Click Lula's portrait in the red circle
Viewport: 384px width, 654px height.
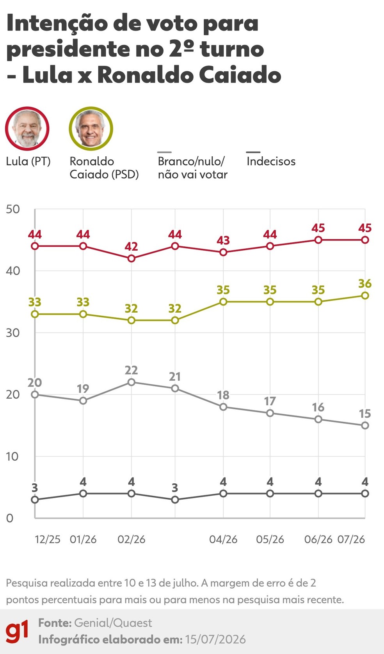[27, 129]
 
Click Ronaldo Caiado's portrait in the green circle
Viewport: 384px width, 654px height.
[91, 129]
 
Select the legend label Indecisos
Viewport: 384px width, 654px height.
[271, 161]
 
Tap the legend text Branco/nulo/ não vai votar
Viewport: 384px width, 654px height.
[192, 168]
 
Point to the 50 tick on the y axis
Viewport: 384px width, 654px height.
[12, 209]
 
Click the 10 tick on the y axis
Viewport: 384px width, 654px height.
[12, 456]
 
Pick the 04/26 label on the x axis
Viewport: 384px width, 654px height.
[223, 539]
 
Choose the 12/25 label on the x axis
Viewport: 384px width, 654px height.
[48, 539]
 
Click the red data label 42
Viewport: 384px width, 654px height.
[131, 247]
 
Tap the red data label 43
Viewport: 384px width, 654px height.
[223, 240]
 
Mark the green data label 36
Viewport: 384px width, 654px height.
[365, 283]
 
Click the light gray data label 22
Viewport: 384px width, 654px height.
[131, 370]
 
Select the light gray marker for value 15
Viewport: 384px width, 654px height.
[365, 425]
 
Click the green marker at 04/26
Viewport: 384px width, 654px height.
[223, 302]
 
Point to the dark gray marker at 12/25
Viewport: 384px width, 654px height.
[35, 500]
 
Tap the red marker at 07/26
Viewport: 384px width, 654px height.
[365, 240]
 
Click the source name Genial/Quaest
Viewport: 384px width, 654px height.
[113, 623]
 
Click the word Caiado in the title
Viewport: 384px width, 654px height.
[240, 75]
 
